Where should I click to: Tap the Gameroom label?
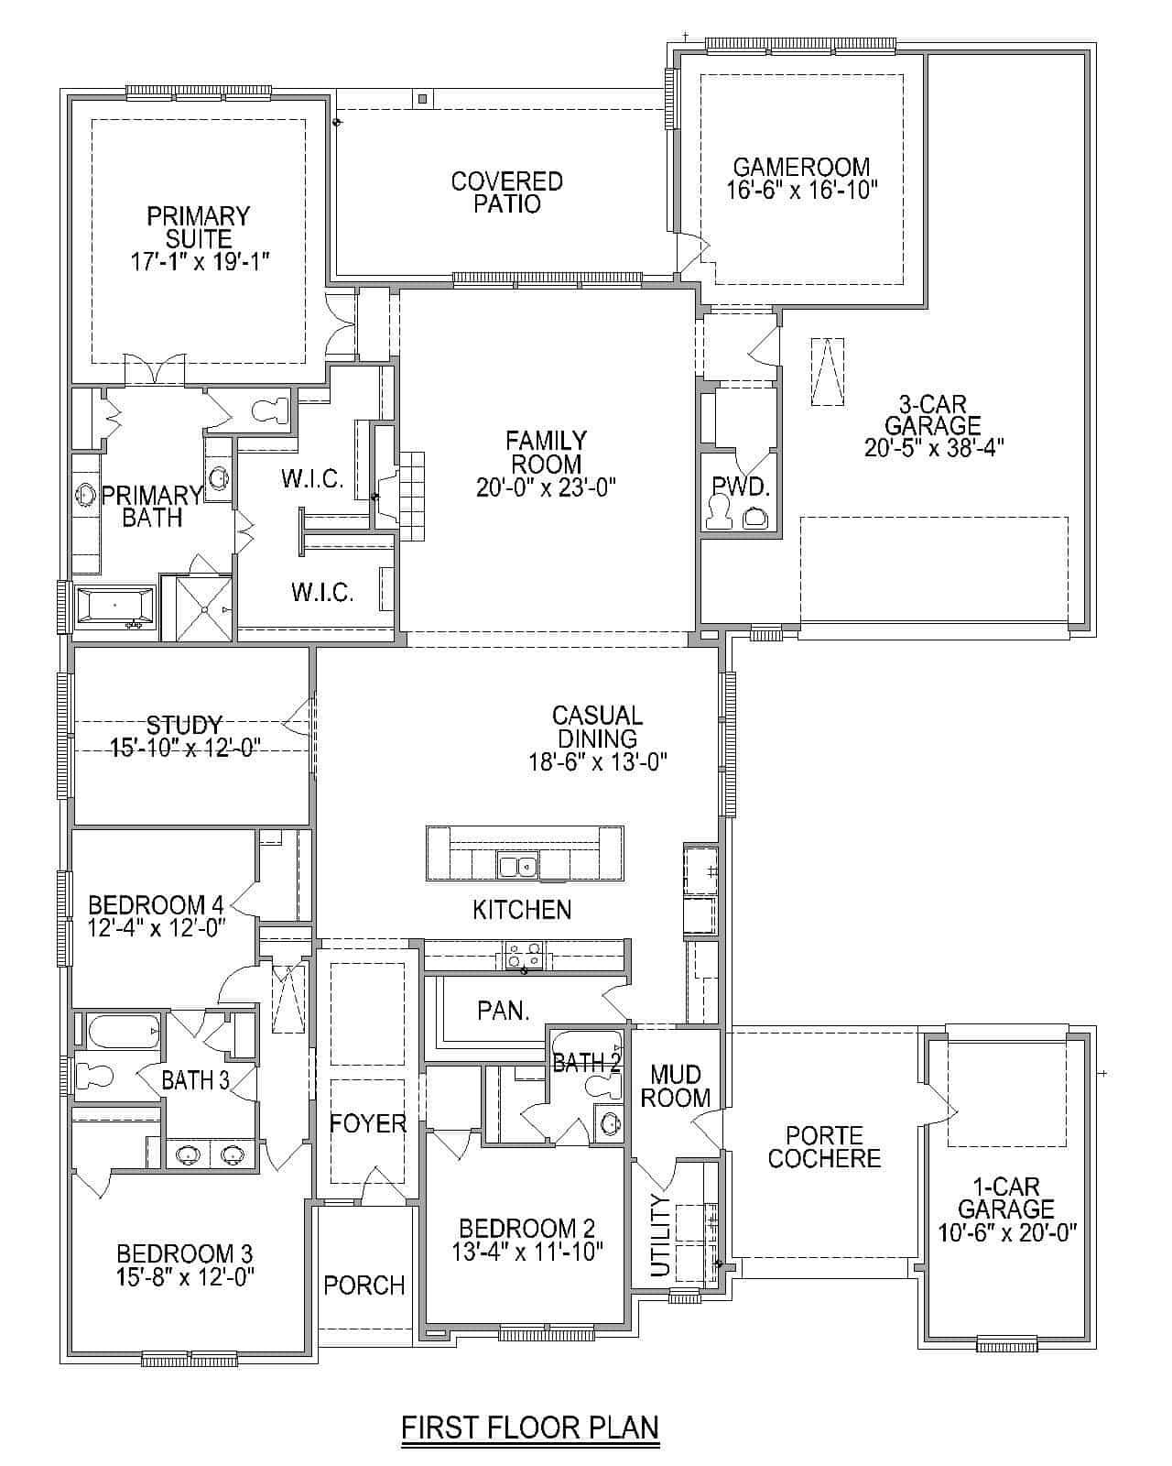(801, 167)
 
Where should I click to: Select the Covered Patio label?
(506, 192)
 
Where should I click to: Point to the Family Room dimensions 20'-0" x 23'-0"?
(546, 487)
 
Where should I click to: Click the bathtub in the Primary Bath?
(114, 604)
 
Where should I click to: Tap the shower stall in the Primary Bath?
(204, 609)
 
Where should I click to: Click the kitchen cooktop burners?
(524, 955)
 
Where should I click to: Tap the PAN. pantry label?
(504, 1012)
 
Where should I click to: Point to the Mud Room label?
(676, 1086)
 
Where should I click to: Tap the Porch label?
(364, 1285)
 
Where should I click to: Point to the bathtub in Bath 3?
(124, 1032)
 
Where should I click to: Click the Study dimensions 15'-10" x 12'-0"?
(185, 748)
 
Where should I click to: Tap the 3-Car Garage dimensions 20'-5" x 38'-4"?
(934, 448)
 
